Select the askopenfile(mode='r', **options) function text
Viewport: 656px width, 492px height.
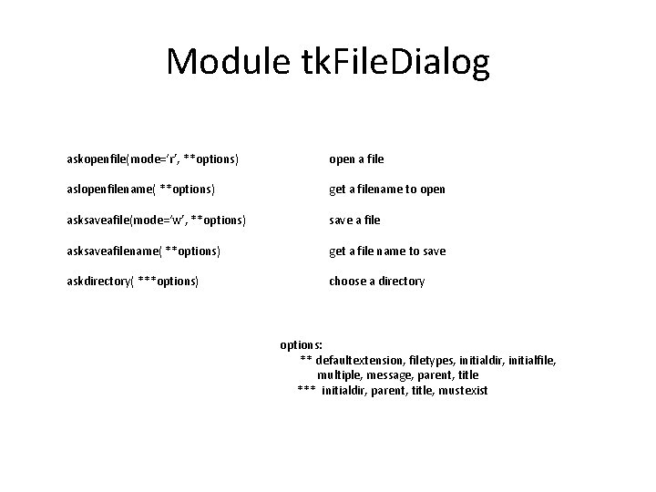[153, 159]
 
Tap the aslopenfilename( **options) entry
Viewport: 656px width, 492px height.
[141, 190]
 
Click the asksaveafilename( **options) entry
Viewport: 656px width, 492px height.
[143, 251]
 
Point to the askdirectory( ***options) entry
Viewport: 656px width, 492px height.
[133, 282]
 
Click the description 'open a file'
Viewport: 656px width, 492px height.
[356, 159]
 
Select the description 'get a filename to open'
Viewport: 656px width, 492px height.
[387, 190]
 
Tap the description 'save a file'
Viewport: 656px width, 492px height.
[354, 220]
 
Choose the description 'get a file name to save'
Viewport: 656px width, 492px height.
[387, 251]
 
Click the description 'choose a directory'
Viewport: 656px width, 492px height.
[376, 282]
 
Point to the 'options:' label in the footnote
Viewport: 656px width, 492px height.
[301, 345]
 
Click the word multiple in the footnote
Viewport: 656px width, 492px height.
[337, 375]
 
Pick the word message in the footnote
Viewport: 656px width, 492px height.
[388, 375]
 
